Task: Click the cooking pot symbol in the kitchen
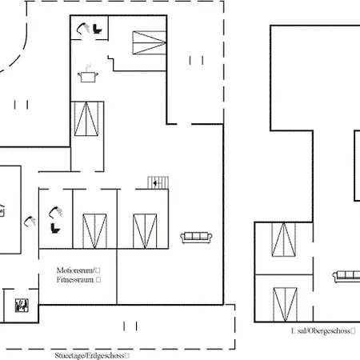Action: point(88,75)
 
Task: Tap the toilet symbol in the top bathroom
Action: point(98,29)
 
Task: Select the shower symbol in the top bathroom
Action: point(83,28)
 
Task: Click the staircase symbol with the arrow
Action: point(158,182)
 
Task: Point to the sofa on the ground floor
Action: point(196,238)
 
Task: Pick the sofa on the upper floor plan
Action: point(346,276)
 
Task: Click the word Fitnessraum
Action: point(75,280)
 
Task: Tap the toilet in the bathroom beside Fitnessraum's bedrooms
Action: point(55,228)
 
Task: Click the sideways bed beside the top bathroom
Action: point(150,43)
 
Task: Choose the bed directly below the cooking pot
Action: point(86,118)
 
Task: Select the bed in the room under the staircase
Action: point(145,231)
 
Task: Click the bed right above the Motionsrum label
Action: point(94,231)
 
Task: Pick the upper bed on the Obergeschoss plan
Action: point(284,240)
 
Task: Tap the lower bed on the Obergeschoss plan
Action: point(285,305)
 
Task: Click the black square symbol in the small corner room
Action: point(22,306)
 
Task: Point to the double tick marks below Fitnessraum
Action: point(130,326)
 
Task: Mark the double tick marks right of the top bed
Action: point(196,60)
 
